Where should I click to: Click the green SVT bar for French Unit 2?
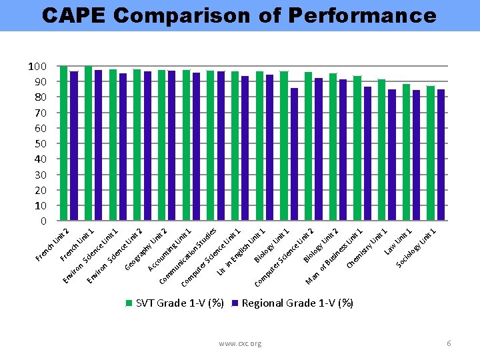click(64, 143)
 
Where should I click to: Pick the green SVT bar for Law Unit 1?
click(406, 153)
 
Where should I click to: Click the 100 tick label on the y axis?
click(37, 66)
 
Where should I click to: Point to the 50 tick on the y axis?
click(39, 143)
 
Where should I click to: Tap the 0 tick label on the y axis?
click(43, 221)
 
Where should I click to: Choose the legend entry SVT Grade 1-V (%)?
click(175, 303)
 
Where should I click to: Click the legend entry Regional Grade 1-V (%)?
click(293, 303)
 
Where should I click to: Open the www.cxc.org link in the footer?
click(240, 343)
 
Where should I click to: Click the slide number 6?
click(449, 343)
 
